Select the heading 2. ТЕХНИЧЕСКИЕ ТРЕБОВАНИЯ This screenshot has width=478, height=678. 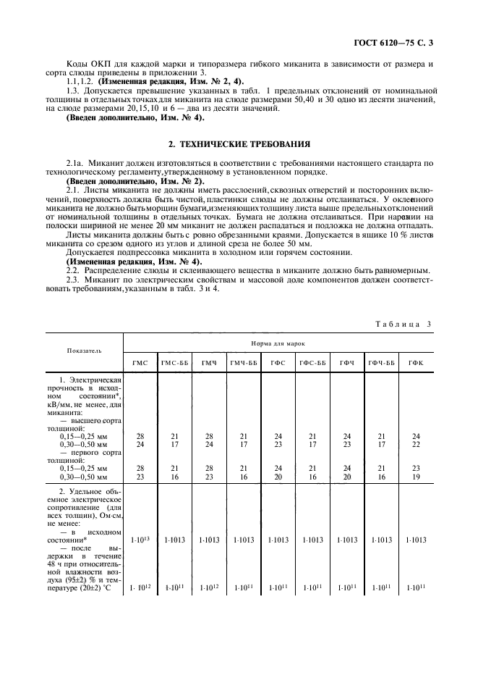coord(239,144)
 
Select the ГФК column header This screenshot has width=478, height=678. coord(416,362)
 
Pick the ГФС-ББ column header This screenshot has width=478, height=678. coord(312,362)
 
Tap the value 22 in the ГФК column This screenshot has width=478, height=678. coord(416,444)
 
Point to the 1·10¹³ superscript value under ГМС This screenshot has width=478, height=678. coord(140,540)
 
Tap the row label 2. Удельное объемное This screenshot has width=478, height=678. coord(90,492)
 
